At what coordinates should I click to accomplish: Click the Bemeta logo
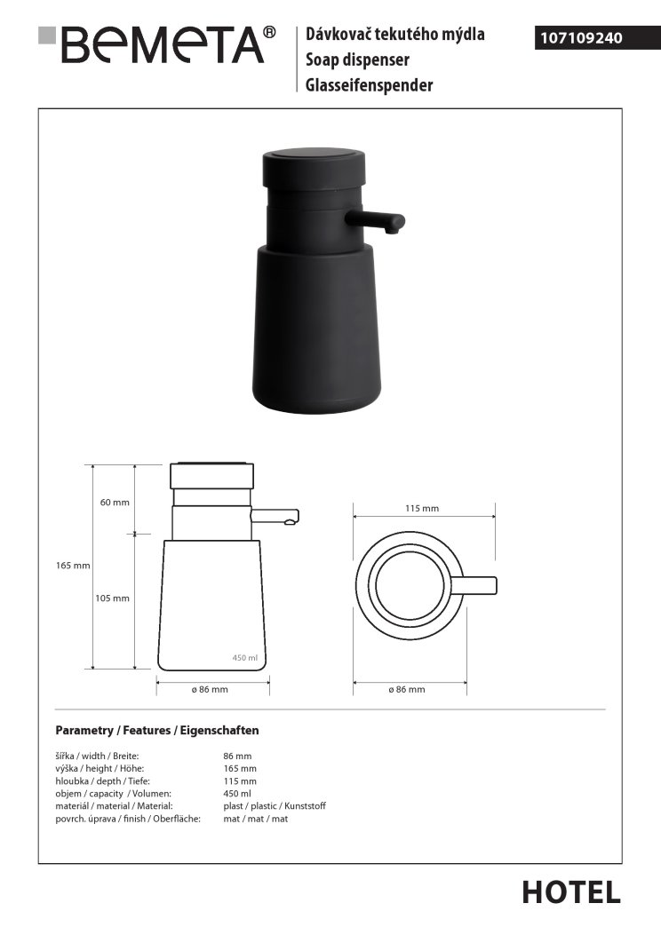click(156, 44)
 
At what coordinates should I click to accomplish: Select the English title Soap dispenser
click(357, 59)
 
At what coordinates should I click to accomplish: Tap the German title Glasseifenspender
click(370, 85)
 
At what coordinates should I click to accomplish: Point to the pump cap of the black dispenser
click(314, 167)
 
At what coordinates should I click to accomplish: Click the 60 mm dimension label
click(115, 502)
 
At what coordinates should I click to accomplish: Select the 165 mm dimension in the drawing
click(73, 566)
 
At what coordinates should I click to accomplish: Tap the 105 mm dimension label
click(112, 598)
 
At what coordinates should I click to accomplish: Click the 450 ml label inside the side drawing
click(244, 658)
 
